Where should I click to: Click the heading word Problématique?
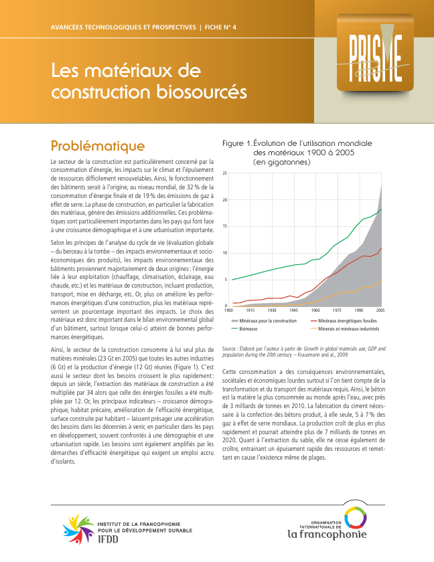click(98, 145)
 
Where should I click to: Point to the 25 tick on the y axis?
click(225, 173)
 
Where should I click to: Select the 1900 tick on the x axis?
click(228, 310)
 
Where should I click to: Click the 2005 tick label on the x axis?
click(380, 310)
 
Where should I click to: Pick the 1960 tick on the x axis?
click(315, 310)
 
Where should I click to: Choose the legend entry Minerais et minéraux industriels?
click(348, 329)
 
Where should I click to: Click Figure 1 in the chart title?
click(237, 143)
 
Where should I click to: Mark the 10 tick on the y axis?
click(225, 253)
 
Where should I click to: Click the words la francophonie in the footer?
click(327, 534)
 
